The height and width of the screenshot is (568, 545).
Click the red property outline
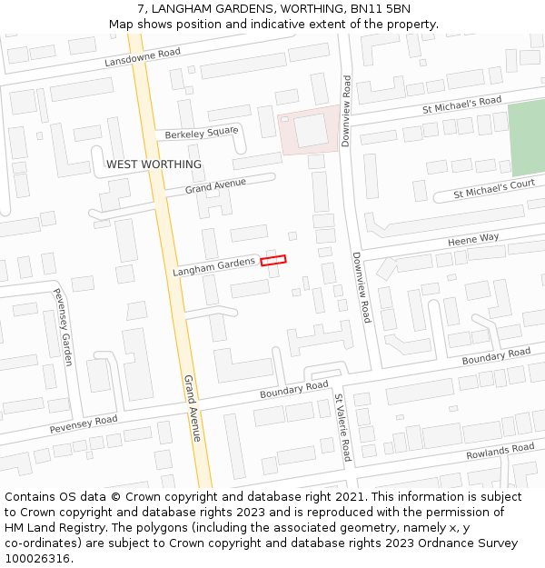tap(273, 261)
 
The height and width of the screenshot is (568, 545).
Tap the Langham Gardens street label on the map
tap(213, 267)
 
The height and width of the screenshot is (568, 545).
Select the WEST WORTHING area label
tap(154, 164)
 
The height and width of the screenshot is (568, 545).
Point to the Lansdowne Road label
tap(143, 57)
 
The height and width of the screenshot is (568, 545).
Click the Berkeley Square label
tap(201, 134)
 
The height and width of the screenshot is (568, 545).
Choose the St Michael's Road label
tap(461, 105)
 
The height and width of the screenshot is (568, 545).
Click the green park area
tap(525, 138)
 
